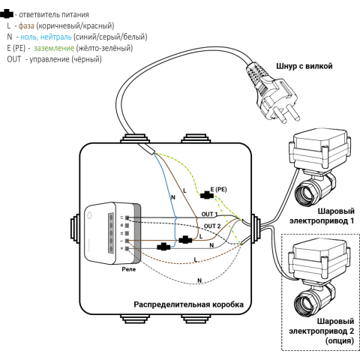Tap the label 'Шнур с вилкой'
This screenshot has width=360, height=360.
coord(304,66)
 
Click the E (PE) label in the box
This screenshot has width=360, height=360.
coord(218,190)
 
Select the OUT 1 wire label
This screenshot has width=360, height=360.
coord(209,214)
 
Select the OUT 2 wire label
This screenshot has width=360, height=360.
coord(212,226)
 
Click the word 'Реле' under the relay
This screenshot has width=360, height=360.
coord(129,269)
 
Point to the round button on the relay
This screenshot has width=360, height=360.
coord(90,215)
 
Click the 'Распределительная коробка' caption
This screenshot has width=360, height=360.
coord(189,304)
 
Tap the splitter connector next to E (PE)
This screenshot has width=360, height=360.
coord(206,195)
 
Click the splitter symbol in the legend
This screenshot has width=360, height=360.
coord(7,14)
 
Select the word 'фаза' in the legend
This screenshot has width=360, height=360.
coord(26,25)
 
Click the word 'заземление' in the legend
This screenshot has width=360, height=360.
coord(54,48)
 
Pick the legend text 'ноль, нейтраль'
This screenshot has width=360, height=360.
coord(46,37)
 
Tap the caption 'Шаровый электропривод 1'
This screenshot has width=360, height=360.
coord(322,216)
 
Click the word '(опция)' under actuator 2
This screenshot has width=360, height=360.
coord(340,340)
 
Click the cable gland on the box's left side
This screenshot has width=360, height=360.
coord(74,229)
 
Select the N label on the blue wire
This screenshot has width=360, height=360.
coord(173,197)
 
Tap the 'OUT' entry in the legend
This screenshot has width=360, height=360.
coord(14,59)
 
